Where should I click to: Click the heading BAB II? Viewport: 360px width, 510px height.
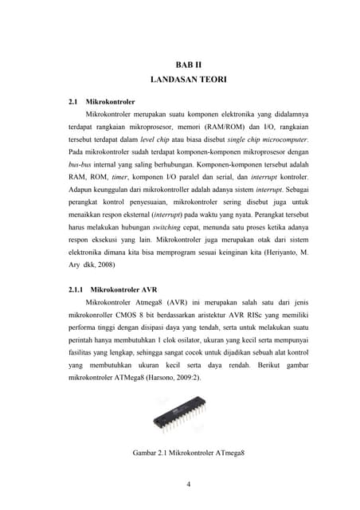point(189,64)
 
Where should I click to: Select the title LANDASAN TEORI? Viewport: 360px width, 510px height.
point(189,80)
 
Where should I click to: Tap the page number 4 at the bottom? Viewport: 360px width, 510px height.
point(189,483)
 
